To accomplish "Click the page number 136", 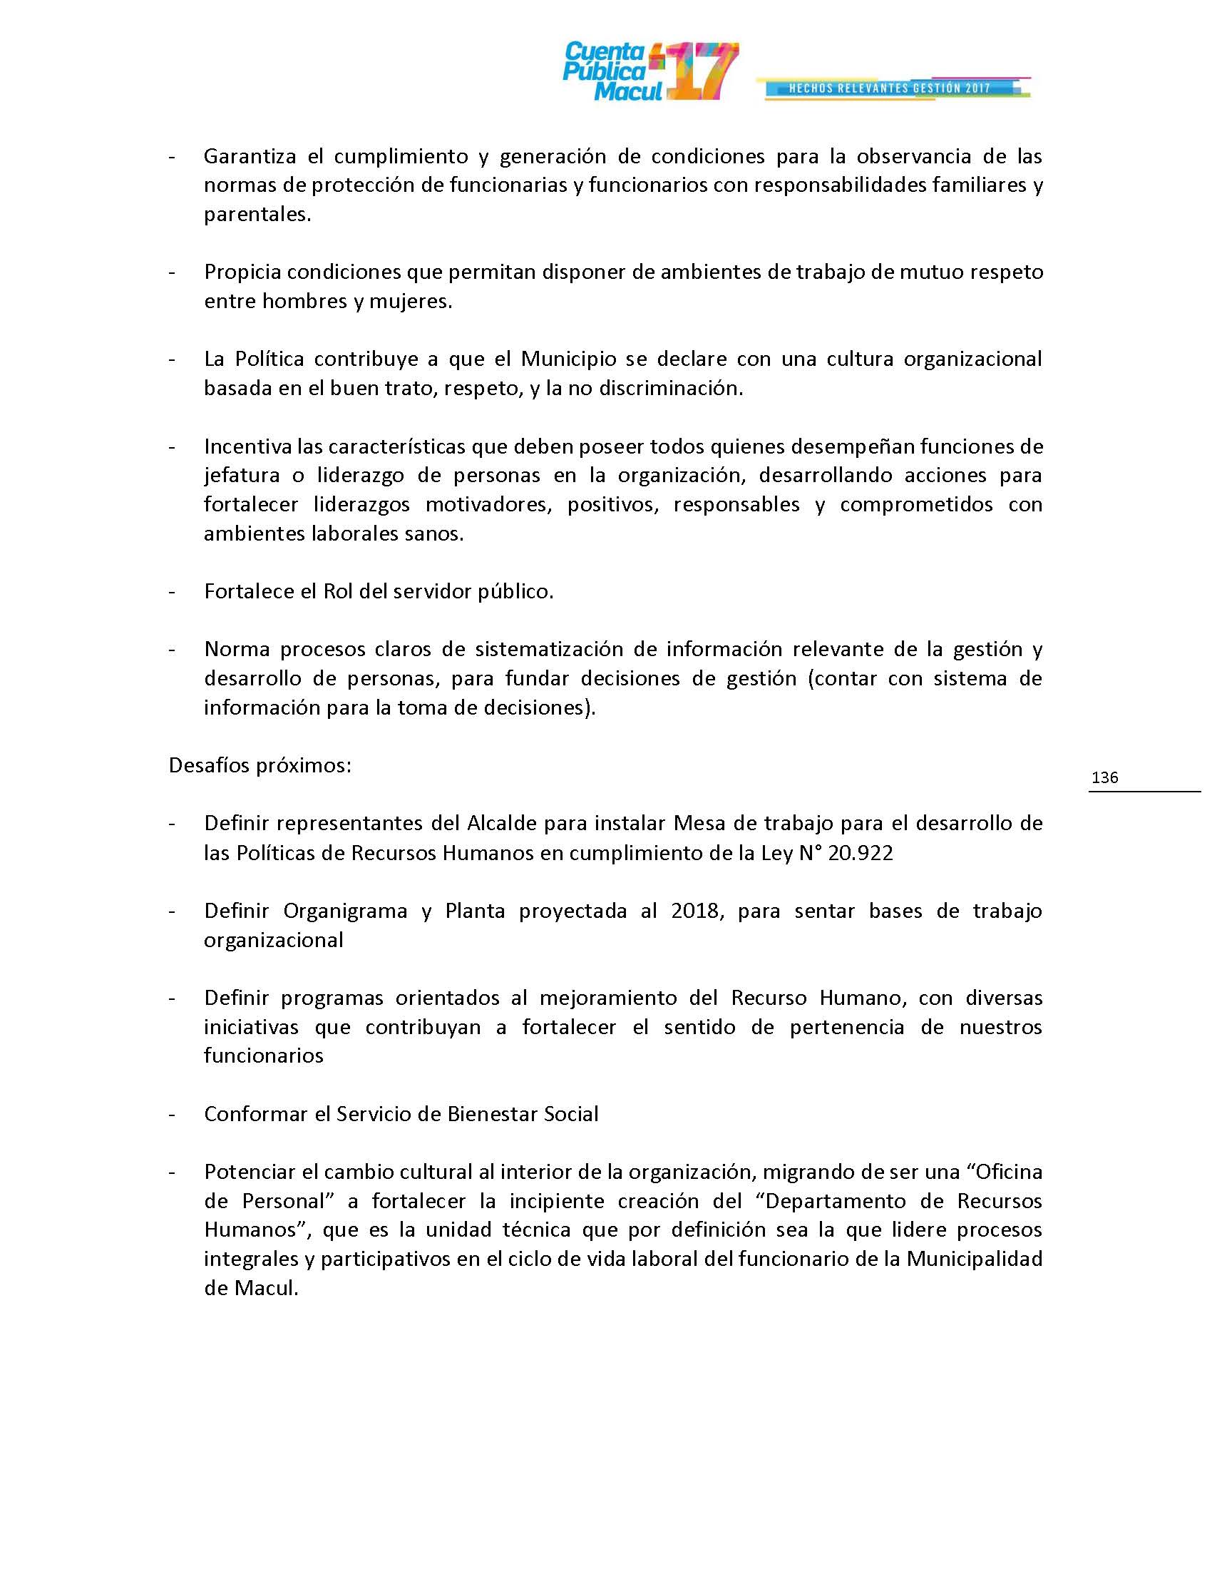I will tap(1104, 777).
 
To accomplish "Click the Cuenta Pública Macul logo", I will tap(649, 71).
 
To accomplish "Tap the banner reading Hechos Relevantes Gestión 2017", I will tap(890, 88).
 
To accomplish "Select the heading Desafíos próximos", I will tap(260, 765).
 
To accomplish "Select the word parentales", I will tap(257, 215).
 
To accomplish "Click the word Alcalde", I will tap(501, 822).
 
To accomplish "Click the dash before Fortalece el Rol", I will tap(172, 591).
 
